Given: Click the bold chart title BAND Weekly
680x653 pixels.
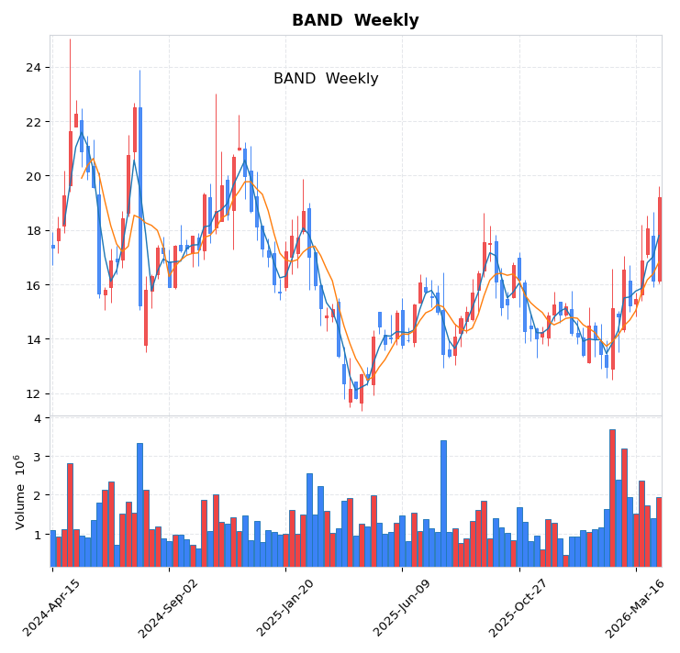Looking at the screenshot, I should pyautogui.click(x=355, y=20).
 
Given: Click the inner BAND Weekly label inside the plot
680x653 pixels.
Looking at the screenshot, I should pyautogui.click(x=326, y=79).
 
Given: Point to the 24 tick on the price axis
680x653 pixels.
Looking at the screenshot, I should pyautogui.click(x=32, y=68).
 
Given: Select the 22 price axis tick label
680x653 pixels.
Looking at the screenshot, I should pyautogui.click(x=32, y=122).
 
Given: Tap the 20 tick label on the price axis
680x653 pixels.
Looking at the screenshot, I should pyautogui.click(x=32, y=176).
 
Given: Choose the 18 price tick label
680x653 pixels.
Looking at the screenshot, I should pyautogui.click(x=32, y=231).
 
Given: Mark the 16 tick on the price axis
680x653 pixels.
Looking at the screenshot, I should pyautogui.click(x=32, y=285).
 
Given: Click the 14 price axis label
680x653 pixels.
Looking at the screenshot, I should pyautogui.click(x=32, y=339).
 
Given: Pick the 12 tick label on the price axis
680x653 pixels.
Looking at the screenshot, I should pyautogui.click(x=32, y=393).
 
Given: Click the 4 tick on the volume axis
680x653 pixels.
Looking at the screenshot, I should pyautogui.click(x=37, y=418).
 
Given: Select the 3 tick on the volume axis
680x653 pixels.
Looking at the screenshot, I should pyautogui.click(x=37, y=457).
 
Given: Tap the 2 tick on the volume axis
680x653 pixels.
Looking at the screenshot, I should pyautogui.click(x=37, y=495).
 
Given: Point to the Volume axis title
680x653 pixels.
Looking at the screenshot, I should pyautogui.click(x=19, y=492).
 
